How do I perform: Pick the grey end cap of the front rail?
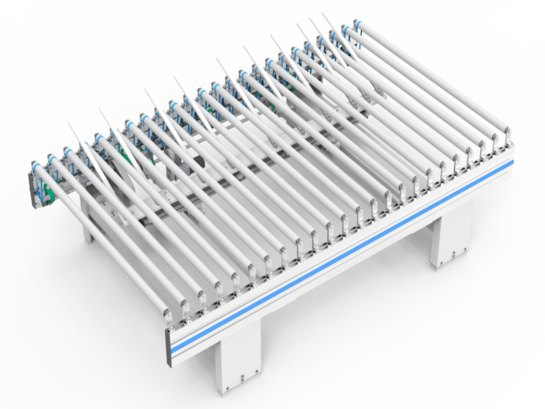[x=168, y=347]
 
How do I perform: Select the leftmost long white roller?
[x=102, y=239]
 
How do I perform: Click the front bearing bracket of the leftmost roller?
[x=168, y=316]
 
